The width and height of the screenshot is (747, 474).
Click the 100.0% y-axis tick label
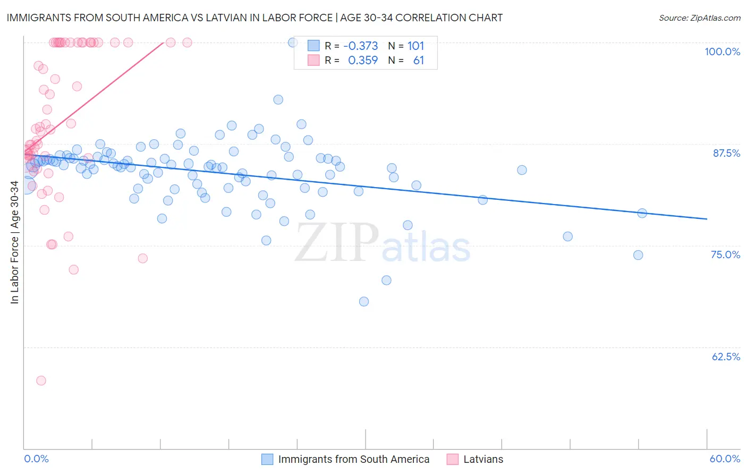[x=722, y=52]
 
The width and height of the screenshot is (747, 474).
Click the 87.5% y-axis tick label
[x=726, y=153]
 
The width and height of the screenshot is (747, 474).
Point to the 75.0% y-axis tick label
[x=725, y=255]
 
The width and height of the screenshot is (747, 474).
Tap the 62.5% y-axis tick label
[x=726, y=357]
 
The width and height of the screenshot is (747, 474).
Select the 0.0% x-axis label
[x=36, y=459]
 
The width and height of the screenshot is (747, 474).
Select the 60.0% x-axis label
[x=725, y=459]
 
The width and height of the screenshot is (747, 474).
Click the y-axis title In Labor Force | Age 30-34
[x=14, y=242]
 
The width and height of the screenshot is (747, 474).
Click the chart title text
[x=254, y=18]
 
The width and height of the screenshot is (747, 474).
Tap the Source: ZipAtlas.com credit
[x=699, y=18]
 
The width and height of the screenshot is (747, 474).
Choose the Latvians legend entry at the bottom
[x=483, y=459]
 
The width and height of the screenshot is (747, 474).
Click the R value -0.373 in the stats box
[x=361, y=46]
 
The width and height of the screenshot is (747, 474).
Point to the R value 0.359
[x=363, y=61]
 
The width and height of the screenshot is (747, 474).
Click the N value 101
[x=415, y=46]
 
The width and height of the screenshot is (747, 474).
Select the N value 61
[x=419, y=61]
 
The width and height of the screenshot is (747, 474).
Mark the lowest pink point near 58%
[x=41, y=380]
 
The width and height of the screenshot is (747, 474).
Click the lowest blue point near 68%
[x=364, y=301]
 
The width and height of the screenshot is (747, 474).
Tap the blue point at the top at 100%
[x=293, y=42]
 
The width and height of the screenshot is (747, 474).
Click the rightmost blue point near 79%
[x=642, y=213]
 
